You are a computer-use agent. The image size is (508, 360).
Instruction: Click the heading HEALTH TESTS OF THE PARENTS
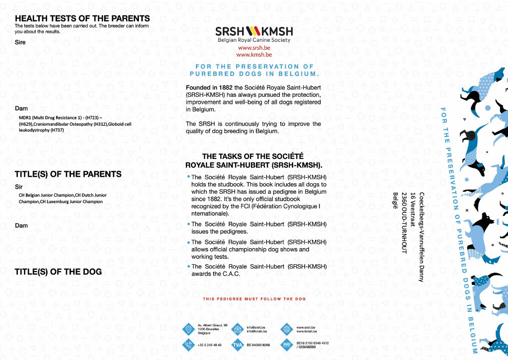coord(82,18)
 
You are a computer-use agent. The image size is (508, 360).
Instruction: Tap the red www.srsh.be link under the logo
coord(254,48)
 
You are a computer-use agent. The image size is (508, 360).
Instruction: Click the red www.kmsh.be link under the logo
coord(254,55)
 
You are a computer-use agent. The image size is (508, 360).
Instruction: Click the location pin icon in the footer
coord(188,329)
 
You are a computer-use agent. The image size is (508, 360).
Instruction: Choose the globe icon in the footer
coord(286,329)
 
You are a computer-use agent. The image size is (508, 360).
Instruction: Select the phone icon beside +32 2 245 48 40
coord(188,345)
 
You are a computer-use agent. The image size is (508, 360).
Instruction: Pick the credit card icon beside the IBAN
coord(286,345)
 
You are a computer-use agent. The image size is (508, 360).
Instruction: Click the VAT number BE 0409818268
coord(258,345)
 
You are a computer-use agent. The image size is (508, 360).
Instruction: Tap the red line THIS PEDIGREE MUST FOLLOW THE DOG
coord(254,299)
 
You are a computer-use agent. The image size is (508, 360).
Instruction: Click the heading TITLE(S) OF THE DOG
coord(58,272)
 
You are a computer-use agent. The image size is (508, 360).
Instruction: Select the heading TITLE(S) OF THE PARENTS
coord(68,174)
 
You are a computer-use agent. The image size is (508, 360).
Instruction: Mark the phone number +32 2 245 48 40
coord(209,345)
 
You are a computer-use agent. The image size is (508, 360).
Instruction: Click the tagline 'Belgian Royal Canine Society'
coord(254,40)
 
